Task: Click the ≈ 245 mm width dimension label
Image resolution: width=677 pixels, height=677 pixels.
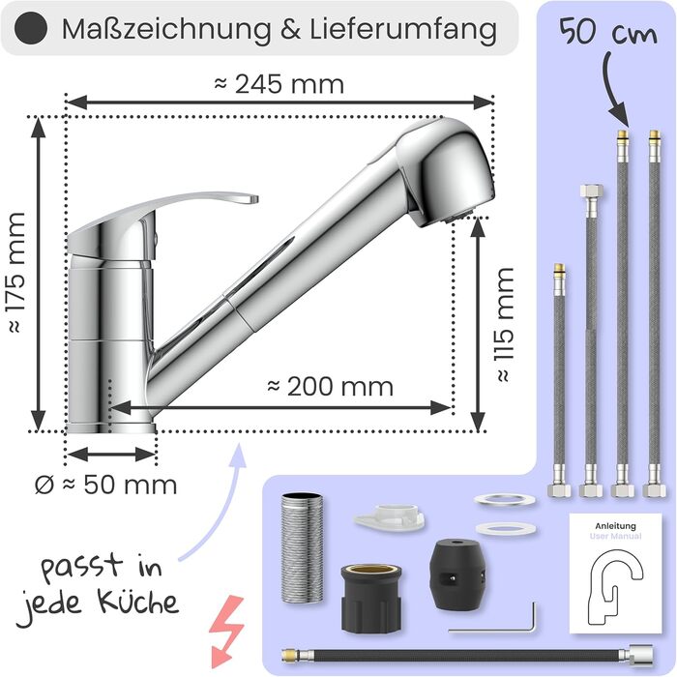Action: tap(279, 84)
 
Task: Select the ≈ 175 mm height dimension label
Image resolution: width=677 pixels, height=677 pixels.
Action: tap(17, 273)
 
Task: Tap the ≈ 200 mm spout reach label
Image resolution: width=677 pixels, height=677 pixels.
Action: tap(331, 387)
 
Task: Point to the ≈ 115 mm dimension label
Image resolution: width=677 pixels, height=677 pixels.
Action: tap(504, 325)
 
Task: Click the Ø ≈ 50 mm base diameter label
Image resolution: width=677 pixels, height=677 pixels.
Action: tap(105, 485)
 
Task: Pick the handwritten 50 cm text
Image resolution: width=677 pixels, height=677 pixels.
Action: tap(608, 32)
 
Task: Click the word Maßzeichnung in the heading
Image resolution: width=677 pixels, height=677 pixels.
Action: tap(166, 29)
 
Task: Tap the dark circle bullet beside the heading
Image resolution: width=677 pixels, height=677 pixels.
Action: tap(30, 28)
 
